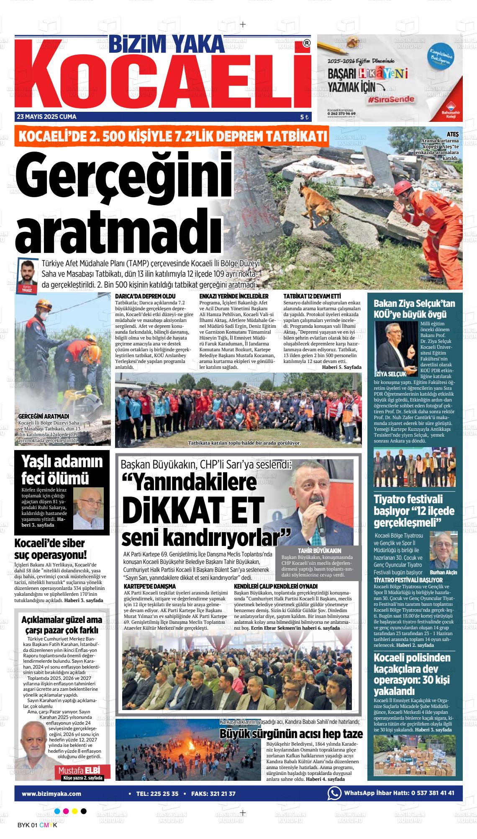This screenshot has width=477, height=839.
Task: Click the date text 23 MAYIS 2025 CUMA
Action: click(46, 117)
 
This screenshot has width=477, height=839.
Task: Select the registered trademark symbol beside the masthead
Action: click(306, 43)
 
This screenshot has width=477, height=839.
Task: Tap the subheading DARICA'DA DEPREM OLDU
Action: click(142, 296)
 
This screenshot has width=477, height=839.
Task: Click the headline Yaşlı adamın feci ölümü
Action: click(62, 469)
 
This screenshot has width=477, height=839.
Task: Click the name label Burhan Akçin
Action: click(443, 573)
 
